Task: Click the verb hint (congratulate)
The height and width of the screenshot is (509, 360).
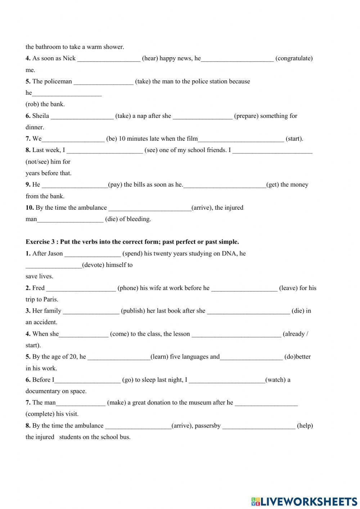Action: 294,58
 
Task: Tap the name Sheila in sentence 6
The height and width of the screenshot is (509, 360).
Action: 41,116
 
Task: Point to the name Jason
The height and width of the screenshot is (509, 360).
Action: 55,254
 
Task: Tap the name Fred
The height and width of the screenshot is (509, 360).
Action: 39,288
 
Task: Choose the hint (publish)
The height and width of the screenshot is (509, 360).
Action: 133,311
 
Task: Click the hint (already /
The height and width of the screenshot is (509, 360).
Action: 295,334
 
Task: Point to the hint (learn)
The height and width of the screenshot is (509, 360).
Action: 159,357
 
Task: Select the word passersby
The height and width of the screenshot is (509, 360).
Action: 207,426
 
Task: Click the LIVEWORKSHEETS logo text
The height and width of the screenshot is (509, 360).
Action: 308,501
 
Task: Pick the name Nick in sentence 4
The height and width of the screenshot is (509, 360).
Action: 69,58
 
